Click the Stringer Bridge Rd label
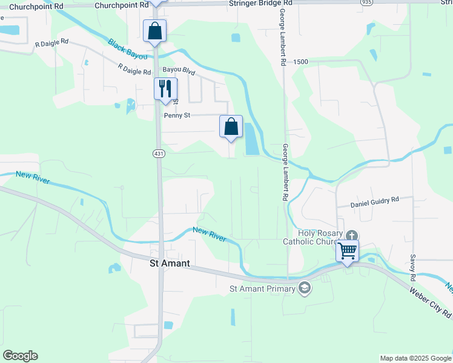click(261, 3)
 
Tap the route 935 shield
click(366, 2)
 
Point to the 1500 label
click(300, 62)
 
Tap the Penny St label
click(177, 114)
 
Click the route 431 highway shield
click(159, 154)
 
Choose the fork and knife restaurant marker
click(165, 89)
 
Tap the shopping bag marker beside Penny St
click(231, 126)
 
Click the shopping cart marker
click(348, 250)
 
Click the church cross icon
click(351, 235)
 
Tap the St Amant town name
click(170, 263)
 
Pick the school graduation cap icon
click(305, 289)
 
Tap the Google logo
click(20, 356)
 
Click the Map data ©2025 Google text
click(415, 358)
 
